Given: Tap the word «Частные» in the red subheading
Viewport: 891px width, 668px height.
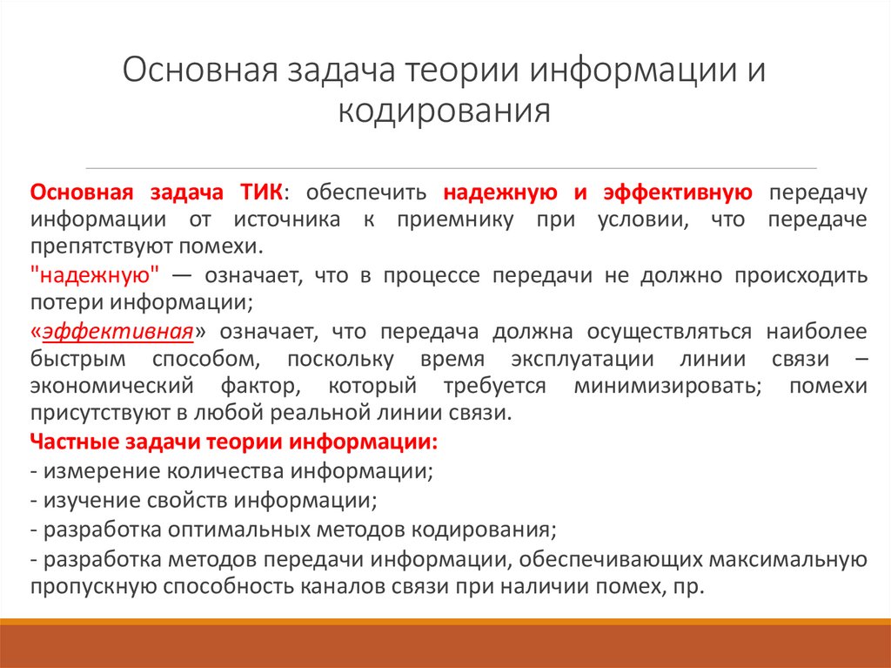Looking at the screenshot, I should tap(70, 441).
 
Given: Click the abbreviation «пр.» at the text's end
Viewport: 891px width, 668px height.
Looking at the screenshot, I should tap(687, 586).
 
